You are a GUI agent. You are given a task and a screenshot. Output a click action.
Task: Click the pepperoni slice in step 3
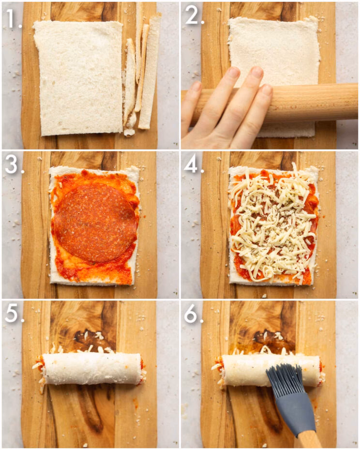(x=94, y=222)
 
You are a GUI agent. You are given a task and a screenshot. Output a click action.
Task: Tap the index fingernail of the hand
(x=234, y=73)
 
